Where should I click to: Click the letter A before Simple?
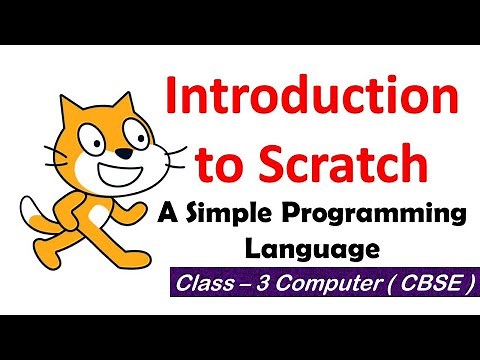tap(168, 212)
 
